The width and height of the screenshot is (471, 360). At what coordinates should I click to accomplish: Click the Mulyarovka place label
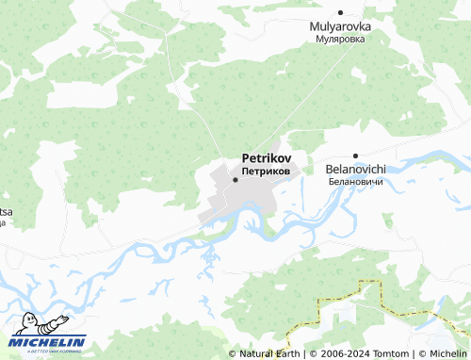click(340, 27)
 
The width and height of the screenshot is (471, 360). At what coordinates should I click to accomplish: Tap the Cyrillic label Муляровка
click(340, 41)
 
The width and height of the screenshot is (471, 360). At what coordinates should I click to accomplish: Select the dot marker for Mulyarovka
click(340, 14)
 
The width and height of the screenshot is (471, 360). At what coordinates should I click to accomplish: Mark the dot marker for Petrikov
click(235, 179)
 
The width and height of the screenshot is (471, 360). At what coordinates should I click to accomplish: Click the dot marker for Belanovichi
click(355, 155)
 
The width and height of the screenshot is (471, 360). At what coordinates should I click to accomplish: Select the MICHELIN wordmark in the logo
click(48, 342)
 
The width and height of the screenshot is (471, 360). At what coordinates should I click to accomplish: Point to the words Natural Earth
click(269, 353)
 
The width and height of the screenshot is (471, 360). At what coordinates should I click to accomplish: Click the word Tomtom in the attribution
click(390, 353)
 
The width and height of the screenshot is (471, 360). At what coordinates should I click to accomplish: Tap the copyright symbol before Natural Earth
click(233, 353)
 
